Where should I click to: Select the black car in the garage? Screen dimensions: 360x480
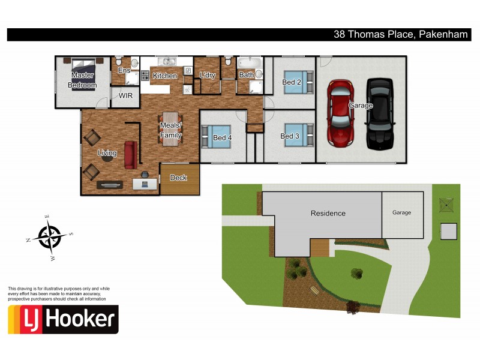379,114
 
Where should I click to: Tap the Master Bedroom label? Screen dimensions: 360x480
83,80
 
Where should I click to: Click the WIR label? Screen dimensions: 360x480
125,95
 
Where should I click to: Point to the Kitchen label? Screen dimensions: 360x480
164,76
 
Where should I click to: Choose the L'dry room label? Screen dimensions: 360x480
208,76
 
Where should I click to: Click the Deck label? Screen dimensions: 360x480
179,178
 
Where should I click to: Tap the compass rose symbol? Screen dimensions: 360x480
50,235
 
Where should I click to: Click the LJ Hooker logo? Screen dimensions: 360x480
63,319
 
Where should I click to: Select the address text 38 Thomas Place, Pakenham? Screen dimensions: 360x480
400,35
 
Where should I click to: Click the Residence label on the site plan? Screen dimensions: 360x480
328,213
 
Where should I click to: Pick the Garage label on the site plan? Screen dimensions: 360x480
402,212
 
